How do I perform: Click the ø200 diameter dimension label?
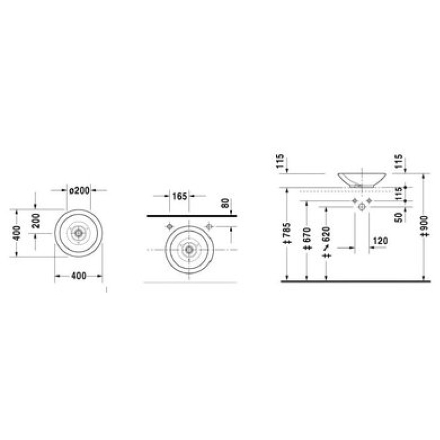[x=79, y=190]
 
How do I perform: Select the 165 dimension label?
[x=179, y=196]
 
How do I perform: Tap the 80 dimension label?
[x=226, y=203]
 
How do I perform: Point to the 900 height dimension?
[x=425, y=226]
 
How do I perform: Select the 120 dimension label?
[x=380, y=240]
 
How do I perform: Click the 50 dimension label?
[x=398, y=217]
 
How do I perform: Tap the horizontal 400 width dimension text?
[x=79, y=276]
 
